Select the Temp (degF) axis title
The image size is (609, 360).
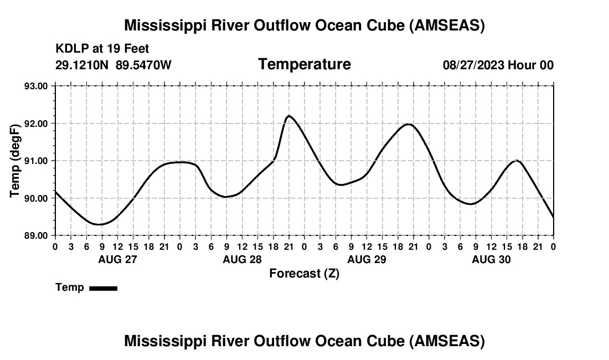pos(16,161)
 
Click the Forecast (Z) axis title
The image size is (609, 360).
pos(304,273)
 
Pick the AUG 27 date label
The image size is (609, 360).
pos(117,259)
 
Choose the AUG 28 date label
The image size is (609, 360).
pos(242,259)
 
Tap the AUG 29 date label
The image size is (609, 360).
pos(367,259)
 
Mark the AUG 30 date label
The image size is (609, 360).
pos(491,259)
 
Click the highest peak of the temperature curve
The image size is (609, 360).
pos(288,116)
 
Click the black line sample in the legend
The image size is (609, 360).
pos(103,288)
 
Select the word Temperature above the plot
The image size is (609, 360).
pos(304,64)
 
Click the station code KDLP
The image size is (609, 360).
pos(70,49)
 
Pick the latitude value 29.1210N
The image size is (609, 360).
pos(82,65)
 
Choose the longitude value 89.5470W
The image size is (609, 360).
pos(143,65)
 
